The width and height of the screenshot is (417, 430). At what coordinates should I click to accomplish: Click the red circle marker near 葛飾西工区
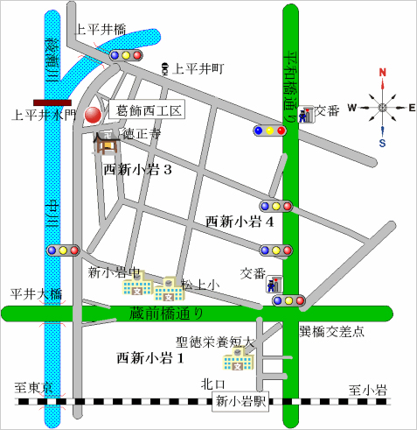point(93,114)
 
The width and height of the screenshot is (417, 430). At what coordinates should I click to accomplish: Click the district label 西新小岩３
point(137,169)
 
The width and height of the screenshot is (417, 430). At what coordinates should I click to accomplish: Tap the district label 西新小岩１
point(150,357)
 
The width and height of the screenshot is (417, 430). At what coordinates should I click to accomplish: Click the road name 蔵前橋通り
point(166,314)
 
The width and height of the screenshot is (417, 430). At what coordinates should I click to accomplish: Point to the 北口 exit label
point(213,383)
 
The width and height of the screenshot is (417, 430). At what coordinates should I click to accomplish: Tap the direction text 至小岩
point(367,388)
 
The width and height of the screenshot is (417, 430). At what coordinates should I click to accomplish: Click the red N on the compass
point(382,73)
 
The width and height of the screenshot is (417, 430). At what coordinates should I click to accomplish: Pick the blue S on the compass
point(382,142)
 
